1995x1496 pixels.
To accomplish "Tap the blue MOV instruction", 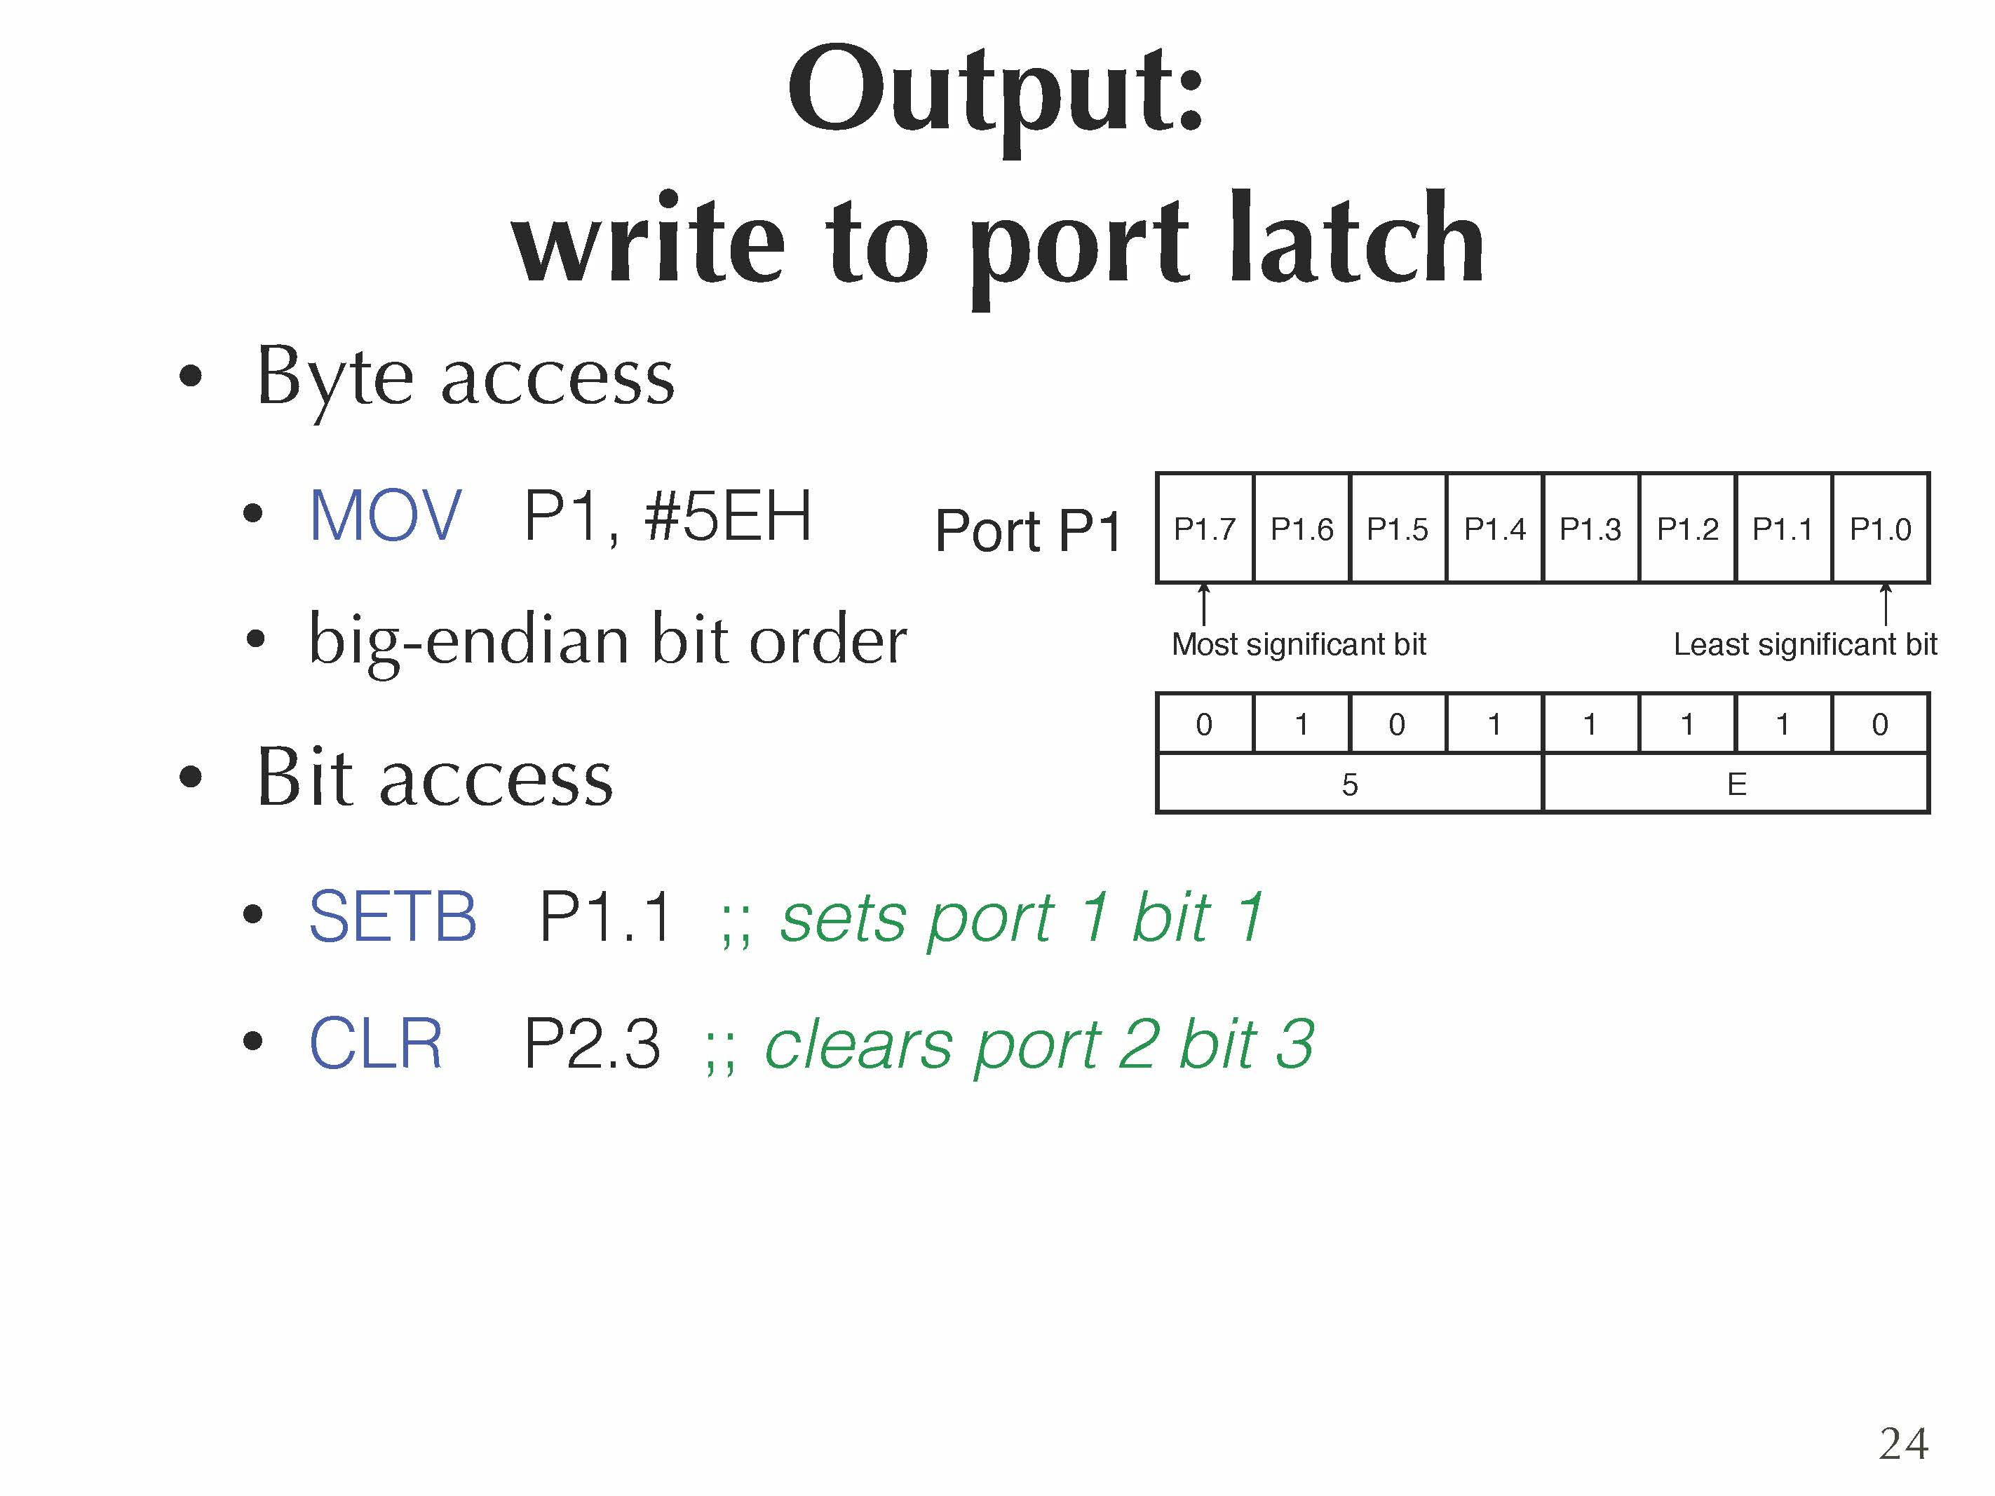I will (385, 516).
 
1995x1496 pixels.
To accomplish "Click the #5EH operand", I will (727, 516).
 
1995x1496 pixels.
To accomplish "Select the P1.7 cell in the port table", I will (1204, 529).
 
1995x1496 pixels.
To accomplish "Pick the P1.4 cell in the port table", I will (1494, 529).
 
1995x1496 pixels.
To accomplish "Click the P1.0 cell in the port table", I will (1881, 529).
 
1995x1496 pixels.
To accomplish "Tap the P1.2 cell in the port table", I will (1687, 529).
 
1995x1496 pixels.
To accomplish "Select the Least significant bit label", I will (1805, 645).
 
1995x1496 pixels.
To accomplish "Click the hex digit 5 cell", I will (1349, 784).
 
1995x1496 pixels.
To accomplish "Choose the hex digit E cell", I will (1736, 784).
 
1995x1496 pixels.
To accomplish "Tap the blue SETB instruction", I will (392, 917).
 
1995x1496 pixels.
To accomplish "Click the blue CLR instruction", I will (375, 1043).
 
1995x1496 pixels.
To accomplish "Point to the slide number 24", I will (1903, 1443).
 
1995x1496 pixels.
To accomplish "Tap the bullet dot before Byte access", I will (190, 376).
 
